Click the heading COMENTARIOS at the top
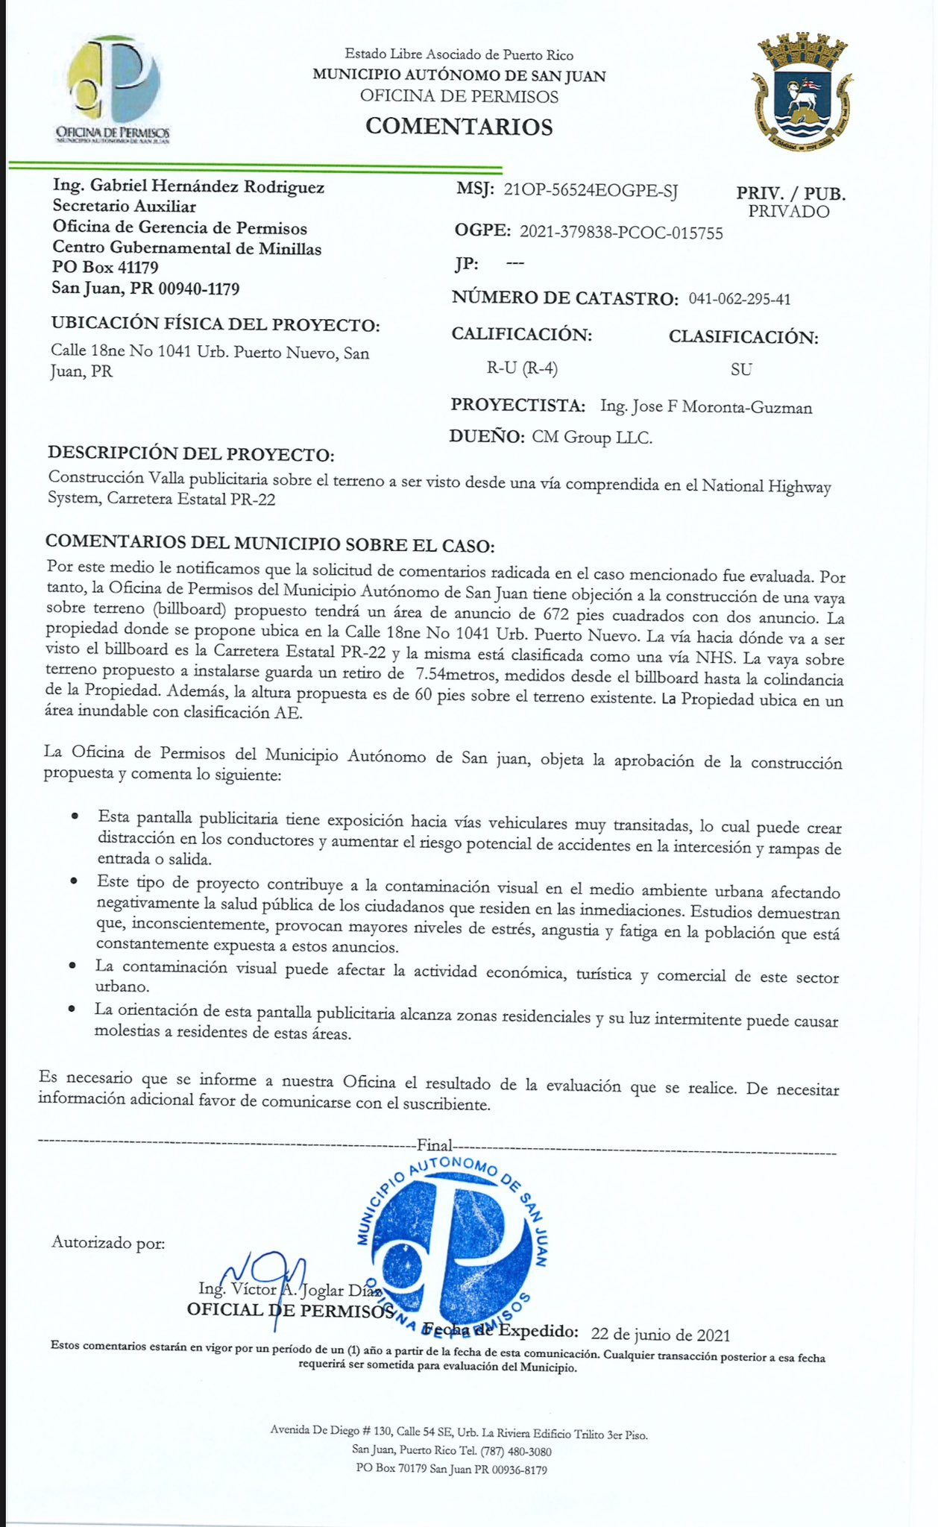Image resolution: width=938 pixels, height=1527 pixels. [x=459, y=127]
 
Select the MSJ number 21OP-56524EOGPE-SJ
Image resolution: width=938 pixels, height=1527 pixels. [x=591, y=191]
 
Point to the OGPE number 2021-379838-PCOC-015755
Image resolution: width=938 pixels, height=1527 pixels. [x=621, y=233]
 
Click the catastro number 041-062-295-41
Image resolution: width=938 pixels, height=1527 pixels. [x=740, y=300]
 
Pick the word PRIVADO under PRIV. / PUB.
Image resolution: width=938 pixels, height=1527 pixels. [x=789, y=212]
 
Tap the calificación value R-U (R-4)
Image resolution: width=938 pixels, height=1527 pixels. [x=522, y=368]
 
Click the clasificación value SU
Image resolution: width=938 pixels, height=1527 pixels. [x=741, y=369]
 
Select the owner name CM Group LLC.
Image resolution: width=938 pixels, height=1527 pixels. [x=592, y=438]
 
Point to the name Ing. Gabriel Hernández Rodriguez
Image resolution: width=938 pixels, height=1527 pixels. [x=189, y=186]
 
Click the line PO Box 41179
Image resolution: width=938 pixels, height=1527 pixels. [x=105, y=267]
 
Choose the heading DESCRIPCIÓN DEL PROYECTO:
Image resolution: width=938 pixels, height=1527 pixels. [x=191, y=454]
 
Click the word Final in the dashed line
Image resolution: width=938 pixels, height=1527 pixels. [x=435, y=1145]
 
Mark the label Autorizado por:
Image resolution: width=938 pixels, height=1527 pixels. [x=108, y=1243]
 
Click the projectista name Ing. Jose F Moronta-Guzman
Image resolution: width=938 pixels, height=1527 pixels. [x=706, y=407]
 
